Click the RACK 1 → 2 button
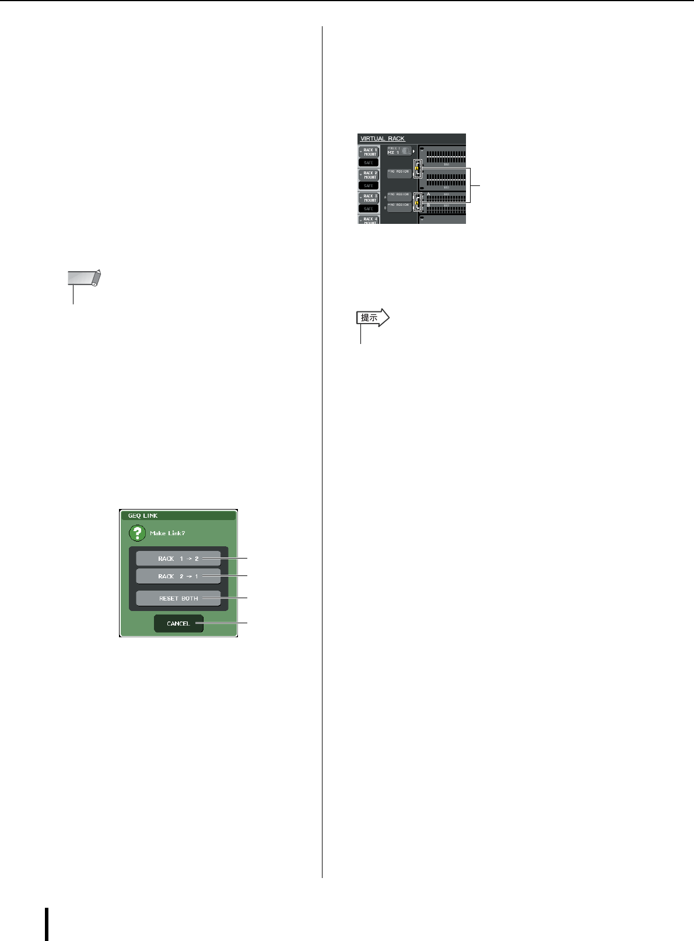point(178,559)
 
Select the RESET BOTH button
point(178,598)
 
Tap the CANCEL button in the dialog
point(178,623)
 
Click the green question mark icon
point(136,533)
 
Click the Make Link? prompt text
point(167,533)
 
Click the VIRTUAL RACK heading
point(382,139)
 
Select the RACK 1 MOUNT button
point(370,152)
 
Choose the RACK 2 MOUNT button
point(370,175)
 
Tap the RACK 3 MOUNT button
point(370,198)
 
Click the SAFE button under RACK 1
point(369,163)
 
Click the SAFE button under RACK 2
point(369,185)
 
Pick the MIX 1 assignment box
point(399,151)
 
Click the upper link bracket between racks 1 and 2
point(416,169)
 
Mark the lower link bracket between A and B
point(416,202)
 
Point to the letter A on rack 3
point(428,195)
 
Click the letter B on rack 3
point(428,205)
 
